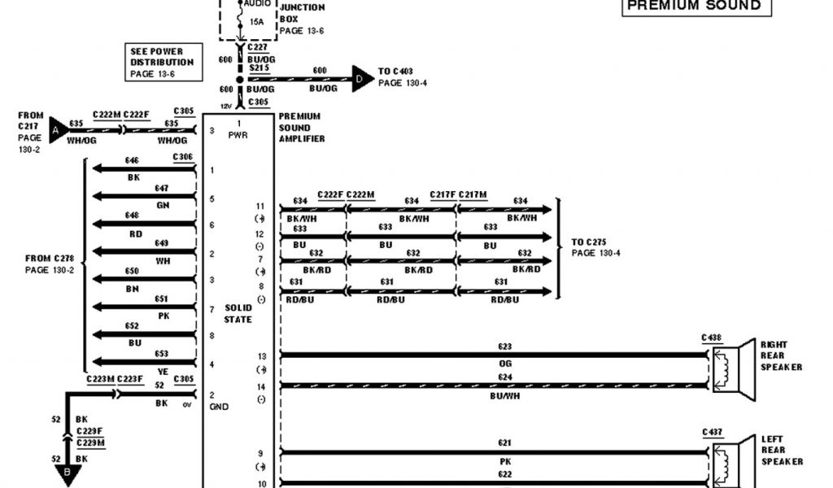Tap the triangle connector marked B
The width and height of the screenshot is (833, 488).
(x=67, y=473)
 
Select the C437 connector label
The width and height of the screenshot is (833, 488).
(x=711, y=432)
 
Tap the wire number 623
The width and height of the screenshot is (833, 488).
(x=505, y=346)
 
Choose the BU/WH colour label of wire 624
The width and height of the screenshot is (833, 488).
(x=505, y=395)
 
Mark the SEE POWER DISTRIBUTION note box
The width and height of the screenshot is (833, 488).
(x=162, y=63)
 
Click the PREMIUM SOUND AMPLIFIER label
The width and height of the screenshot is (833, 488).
(x=302, y=128)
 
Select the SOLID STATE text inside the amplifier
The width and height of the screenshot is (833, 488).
(x=238, y=314)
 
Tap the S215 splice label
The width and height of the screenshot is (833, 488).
(x=259, y=69)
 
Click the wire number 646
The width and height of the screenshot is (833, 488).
(x=133, y=161)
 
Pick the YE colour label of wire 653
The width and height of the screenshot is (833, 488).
(x=162, y=372)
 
